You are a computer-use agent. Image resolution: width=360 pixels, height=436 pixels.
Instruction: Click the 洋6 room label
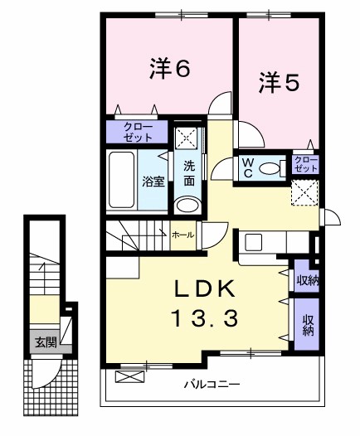coord(171,70)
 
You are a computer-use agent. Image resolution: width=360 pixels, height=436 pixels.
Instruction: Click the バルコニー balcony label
coord(212,385)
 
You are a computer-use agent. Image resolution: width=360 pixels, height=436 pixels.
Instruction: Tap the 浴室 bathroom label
coord(153,182)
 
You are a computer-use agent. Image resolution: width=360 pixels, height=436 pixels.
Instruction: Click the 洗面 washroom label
coord(189,172)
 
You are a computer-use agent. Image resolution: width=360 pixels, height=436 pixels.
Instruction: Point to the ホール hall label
coord(182,235)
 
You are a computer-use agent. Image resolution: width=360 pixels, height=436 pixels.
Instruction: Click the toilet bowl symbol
coord(270,167)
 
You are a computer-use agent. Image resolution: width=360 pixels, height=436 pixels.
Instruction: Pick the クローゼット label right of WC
coord(306,162)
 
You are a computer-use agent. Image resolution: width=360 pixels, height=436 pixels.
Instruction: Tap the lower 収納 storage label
coord(309,325)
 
